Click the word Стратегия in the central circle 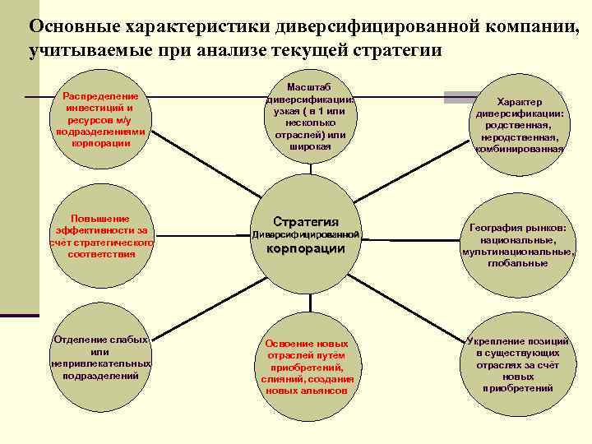[306, 221]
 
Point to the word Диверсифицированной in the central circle [306, 235]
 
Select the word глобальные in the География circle [517, 263]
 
